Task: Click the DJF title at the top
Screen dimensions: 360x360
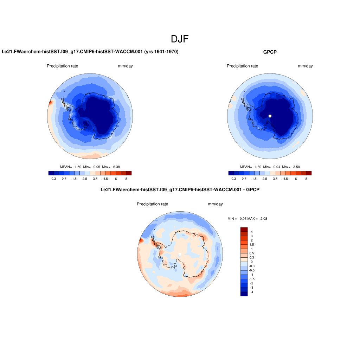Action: (x=180, y=39)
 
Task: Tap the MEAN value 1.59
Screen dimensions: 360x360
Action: (x=78, y=167)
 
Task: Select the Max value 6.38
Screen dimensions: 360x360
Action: (x=116, y=167)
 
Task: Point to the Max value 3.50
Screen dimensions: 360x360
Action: (x=296, y=167)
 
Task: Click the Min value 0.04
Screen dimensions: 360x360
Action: (x=277, y=167)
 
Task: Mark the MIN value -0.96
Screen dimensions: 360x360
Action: (x=243, y=219)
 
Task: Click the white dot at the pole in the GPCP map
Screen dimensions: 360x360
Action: (x=270, y=116)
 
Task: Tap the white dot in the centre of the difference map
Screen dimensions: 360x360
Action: (x=180, y=254)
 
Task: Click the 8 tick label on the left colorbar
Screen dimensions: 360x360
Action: (x=126, y=179)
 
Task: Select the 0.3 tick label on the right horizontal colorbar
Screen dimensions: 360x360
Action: (x=233, y=179)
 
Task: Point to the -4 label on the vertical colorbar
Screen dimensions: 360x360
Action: (x=252, y=292)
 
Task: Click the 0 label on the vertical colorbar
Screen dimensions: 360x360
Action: (x=252, y=262)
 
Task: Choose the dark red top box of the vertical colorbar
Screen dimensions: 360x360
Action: (x=244, y=230)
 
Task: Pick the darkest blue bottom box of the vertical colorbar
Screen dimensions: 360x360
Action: (x=244, y=294)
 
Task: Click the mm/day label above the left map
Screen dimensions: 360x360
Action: (x=125, y=66)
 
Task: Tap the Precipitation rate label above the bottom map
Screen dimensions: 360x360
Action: (x=152, y=204)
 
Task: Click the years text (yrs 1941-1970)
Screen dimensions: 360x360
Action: (x=161, y=52)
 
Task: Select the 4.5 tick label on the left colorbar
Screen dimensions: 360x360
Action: (x=105, y=179)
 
